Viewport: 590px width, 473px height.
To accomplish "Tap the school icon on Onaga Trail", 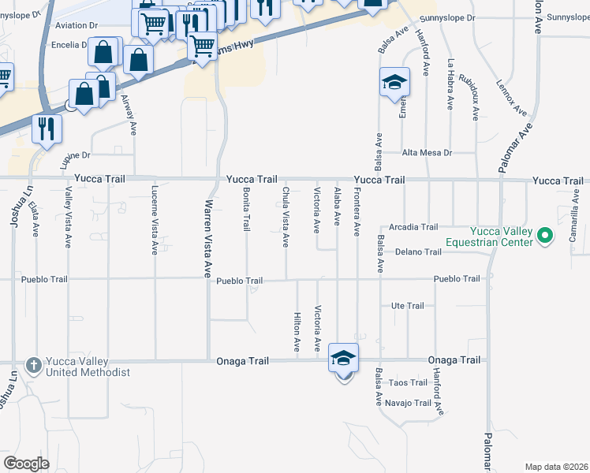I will tap(343, 359).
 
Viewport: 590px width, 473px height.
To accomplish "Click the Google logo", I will tap(27, 463).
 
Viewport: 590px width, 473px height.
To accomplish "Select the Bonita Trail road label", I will tap(246, 208).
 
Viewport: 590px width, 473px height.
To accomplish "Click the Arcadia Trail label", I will tap(413, 227).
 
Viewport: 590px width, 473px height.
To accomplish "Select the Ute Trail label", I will tap(408, 306).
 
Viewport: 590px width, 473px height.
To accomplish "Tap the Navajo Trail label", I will tap(409, 403).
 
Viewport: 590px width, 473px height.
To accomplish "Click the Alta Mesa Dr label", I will tap(427, 152).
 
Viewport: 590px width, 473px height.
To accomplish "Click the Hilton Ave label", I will tap(297, 330).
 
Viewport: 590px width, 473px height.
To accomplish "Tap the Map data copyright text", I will tap(557, 467).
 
